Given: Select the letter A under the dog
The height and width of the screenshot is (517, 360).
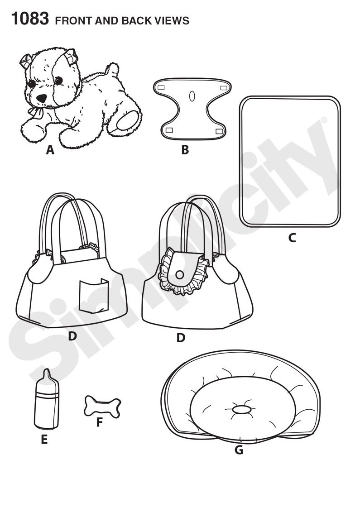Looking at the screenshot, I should click(50, 150).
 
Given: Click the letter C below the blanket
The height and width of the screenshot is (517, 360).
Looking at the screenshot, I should click(292, 237).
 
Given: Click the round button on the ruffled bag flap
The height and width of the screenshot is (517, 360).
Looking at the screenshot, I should click(180, 275).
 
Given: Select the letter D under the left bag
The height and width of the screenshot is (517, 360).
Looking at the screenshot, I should click(72, 336).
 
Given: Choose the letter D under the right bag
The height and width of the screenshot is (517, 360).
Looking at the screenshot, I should click(181, 338).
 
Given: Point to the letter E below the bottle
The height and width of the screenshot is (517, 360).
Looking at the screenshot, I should click(44, 439).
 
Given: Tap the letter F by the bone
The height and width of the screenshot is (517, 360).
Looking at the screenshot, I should click(100, 423).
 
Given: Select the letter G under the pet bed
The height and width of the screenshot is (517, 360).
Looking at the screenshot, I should click(239, 450).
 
